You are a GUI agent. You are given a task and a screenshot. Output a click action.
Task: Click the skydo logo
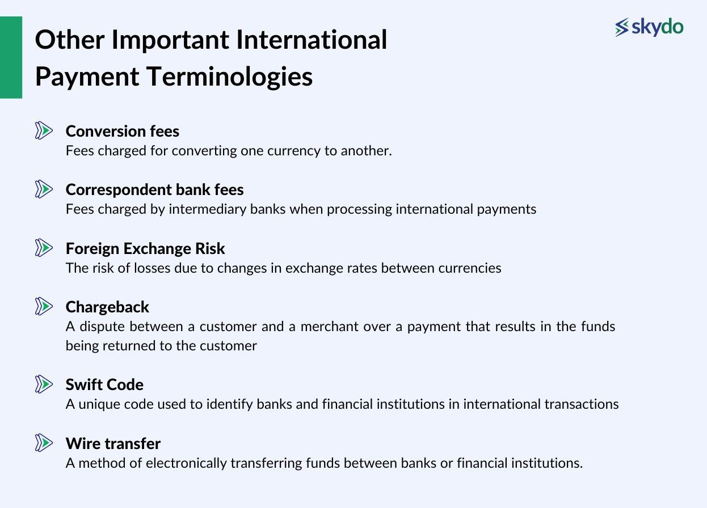pos(649,27)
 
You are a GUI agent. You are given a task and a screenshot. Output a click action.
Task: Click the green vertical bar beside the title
pos(11,57)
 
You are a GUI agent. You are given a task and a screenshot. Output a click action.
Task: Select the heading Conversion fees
pos(123,131)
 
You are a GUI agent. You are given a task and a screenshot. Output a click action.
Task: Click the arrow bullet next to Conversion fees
pos(44,131)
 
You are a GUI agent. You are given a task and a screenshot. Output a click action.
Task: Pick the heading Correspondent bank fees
pos(154,189)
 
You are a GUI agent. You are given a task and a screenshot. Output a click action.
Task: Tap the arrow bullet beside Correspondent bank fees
pos(44,189)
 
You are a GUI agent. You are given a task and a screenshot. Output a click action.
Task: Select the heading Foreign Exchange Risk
pos(145,248)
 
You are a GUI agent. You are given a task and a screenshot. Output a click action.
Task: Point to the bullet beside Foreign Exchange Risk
pos(44,248)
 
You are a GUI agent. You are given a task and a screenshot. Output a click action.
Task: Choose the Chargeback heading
pos(107,307)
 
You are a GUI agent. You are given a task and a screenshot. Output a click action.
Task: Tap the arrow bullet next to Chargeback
pos(44,306)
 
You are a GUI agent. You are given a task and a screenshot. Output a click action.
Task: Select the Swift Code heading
pos(104,384)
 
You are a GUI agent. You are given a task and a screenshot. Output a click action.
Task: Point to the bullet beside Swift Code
pos(44,384)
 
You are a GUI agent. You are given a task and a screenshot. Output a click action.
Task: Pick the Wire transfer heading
pos(113,443)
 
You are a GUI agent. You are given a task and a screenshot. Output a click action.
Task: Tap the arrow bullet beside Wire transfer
pos(44,443)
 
